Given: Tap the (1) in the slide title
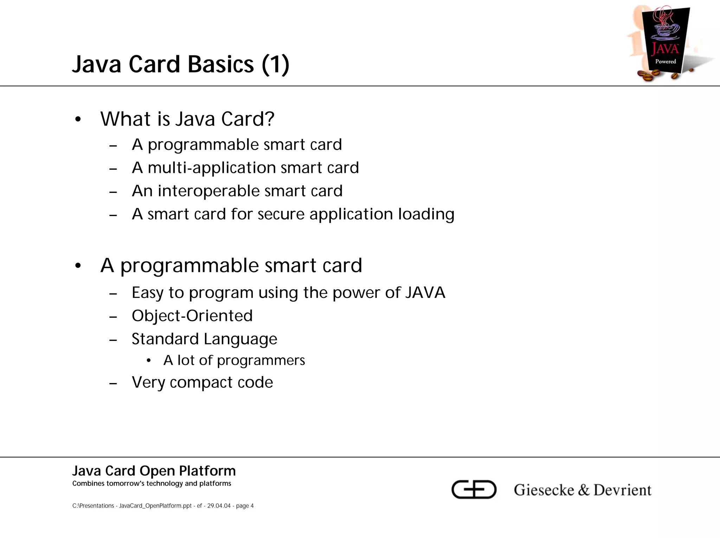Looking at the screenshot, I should click(275, 65).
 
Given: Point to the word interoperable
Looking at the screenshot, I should click(208, 191).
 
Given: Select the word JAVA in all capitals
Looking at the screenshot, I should click(425, 293).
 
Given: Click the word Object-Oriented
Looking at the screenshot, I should click(192, 316).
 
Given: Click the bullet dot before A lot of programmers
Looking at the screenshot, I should click(149, 361).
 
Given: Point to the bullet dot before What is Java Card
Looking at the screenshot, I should click(78, 119).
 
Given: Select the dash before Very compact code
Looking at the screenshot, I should click(113, 383).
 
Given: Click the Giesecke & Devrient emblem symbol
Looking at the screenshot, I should click(474, 489).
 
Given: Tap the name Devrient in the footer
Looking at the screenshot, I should click(622, 490).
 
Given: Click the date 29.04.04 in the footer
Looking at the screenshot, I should click(219, 506).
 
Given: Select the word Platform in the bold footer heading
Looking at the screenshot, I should click(207, 471).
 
